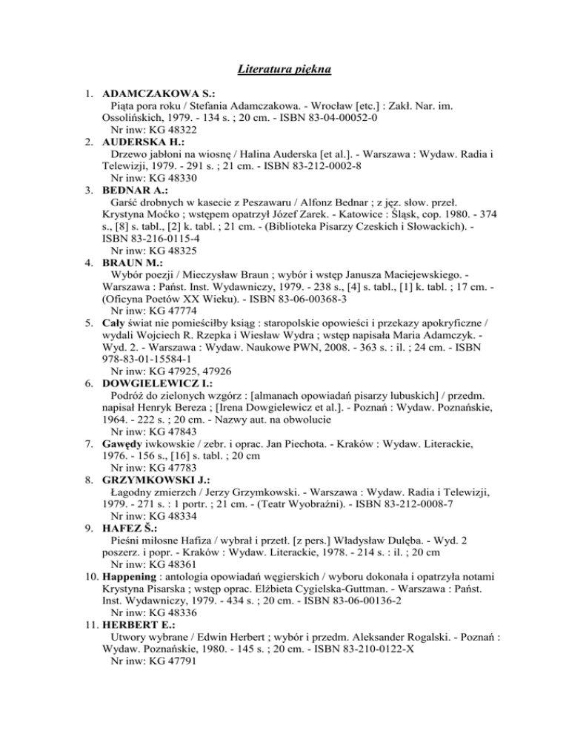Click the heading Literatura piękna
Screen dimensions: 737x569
pos(284,70)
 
